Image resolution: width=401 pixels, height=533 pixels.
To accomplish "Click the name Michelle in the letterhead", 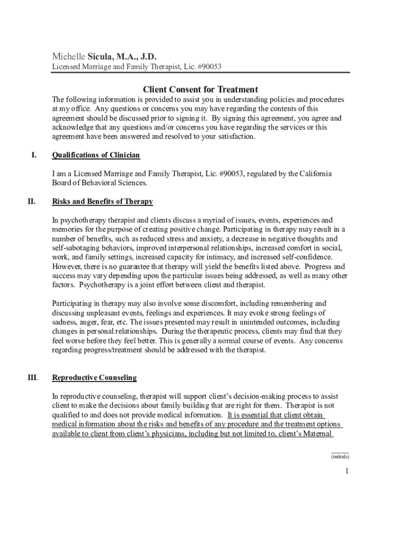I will point(68,56).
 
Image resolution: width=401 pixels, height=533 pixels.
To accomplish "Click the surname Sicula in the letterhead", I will point(101,56).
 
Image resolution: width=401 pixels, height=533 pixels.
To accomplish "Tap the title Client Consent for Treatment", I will point(200,90).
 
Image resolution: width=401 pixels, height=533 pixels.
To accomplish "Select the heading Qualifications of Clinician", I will point(96,155).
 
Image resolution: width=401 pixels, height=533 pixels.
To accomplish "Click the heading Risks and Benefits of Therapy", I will point(103,201).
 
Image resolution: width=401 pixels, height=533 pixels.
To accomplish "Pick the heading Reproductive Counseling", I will point(94,377).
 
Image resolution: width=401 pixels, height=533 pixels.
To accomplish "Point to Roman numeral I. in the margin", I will point(34,155).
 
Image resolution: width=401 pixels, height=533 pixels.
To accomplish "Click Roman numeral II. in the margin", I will point(32,201).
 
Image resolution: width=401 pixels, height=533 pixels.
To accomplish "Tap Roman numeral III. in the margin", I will point(32,377).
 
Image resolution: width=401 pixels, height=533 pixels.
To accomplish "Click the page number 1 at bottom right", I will point(346,472).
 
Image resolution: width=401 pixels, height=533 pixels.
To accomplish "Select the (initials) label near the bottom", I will point(340,456).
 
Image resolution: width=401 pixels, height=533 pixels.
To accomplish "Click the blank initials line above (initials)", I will point(340,452).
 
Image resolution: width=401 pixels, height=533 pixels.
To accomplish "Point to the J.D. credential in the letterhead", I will point(146,56).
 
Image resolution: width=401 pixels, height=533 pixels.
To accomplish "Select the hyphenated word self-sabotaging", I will point(79,248).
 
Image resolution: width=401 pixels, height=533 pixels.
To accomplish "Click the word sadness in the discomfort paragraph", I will point(64,322).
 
